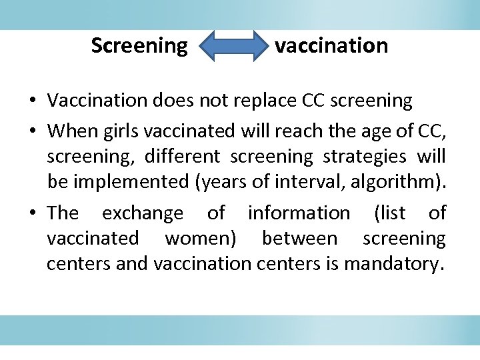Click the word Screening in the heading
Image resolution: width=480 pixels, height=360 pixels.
coord(139,46)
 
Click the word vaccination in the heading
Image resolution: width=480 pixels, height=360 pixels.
coord(331,46)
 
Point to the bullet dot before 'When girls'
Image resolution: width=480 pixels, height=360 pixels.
coord(32,131)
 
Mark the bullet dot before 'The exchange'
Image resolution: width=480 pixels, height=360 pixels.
coord(32,214)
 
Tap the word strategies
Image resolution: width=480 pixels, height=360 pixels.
coord(365,156)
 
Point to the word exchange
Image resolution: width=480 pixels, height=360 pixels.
coord(142,213)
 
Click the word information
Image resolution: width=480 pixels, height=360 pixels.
coord(298,213)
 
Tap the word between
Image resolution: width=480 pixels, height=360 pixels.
coord(299,239)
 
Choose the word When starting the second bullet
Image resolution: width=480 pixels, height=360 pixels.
coord(73,131)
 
